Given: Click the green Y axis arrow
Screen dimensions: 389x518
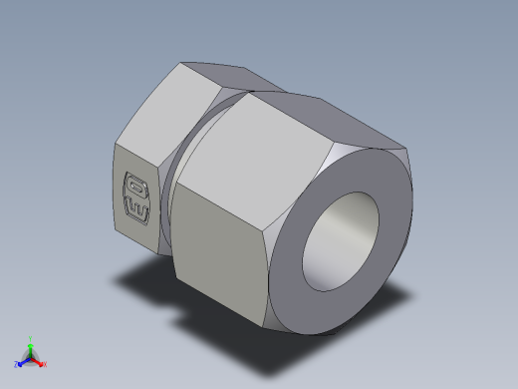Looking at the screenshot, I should coord(31,344).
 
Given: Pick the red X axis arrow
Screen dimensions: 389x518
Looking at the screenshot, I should coord(39,361).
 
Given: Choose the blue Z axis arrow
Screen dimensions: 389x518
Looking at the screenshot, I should coord(23,361).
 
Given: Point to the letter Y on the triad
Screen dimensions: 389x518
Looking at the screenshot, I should coord(31,338).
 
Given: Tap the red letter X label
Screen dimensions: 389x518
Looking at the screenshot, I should coord(45,364).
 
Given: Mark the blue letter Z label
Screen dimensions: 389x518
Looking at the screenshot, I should coord(17,364).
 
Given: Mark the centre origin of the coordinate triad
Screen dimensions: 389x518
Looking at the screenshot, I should coord(31,356).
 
